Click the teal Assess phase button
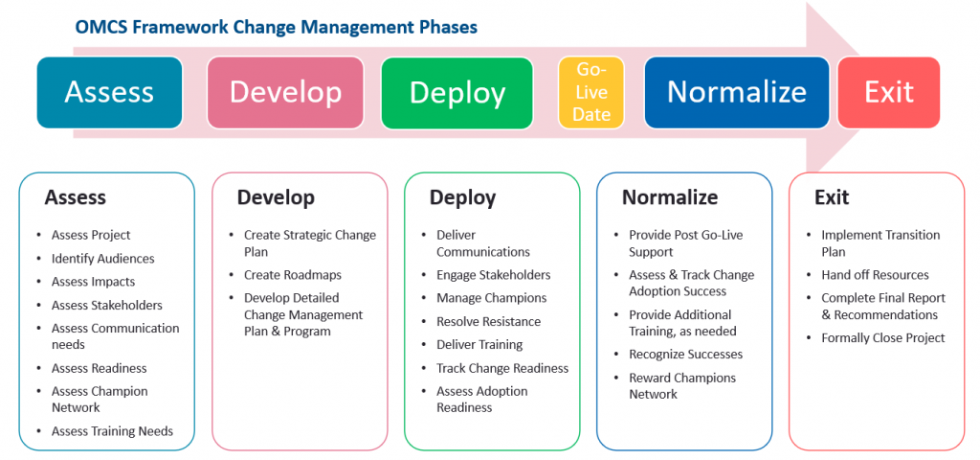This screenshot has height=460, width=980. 109,92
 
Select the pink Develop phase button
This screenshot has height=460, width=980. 285,92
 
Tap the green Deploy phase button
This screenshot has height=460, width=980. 457,92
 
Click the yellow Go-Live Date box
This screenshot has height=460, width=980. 591,92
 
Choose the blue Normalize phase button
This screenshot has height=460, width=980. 736,92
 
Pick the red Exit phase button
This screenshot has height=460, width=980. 888,92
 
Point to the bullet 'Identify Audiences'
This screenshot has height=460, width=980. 102,259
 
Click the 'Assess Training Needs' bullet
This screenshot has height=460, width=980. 112,431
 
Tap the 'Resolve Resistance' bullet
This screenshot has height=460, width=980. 488,321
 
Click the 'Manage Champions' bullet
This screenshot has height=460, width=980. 491,298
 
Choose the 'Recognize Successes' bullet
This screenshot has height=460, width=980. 685,355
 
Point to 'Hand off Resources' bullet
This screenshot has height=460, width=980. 875,275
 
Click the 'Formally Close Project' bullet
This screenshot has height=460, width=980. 882,337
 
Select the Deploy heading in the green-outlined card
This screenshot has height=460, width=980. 462,197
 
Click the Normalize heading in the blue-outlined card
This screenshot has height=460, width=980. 669,197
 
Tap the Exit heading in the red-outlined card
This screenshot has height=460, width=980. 831,197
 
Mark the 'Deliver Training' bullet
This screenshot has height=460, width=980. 479,345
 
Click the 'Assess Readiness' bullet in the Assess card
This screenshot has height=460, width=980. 99,368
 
